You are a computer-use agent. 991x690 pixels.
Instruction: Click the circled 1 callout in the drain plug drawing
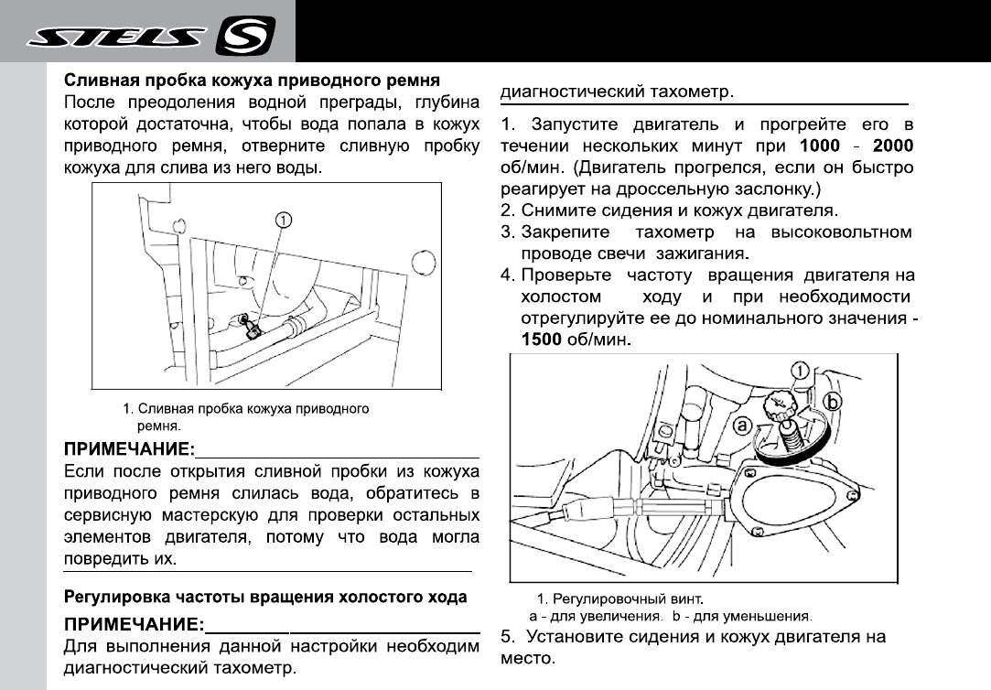pyautogui.click(x=285, y=220)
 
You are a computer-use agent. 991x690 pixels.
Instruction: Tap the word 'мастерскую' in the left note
pyautogui.click(x=205, y=515)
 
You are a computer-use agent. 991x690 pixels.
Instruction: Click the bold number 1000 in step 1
pyautogui.click(x=826, y=146)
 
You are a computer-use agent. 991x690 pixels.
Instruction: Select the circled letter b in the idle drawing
pyautogui.click(x=834, y=402)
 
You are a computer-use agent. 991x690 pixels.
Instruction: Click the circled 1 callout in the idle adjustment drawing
pyautogui.click(x=798, y=371)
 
